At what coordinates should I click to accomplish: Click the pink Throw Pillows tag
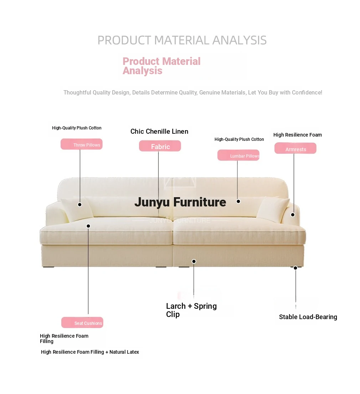tap(81, 144)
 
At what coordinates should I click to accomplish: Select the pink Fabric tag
tap(160, 146)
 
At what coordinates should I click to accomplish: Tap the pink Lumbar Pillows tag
tap(238, 155)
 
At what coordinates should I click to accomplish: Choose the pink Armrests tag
tap(295, 148)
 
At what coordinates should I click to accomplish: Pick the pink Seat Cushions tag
tap(82, 322)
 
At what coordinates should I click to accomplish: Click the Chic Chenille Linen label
tap(159, 132)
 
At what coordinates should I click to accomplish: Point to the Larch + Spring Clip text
tap(191, 310)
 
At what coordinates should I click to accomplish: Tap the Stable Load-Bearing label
tap(308, 317)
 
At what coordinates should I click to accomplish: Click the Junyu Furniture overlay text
tap(180, 202)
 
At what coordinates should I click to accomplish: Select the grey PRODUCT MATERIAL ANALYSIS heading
tap(182, 40)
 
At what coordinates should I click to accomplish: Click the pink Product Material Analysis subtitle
tap(161, 66)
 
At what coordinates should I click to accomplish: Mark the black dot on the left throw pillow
tap(79, 205)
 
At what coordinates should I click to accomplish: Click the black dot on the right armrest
tap(293, 215)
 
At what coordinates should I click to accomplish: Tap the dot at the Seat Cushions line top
tap(88, 226)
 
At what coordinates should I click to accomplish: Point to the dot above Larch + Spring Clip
tap(194, 261)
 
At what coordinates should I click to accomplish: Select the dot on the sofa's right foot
tap(295, 268)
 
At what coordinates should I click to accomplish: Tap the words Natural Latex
tap(124, 352)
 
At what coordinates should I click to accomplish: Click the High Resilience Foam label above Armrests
tap(298, 135)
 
